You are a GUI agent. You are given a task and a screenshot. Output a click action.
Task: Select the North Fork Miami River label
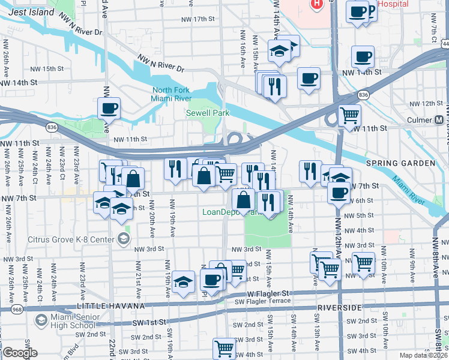pos(171,94)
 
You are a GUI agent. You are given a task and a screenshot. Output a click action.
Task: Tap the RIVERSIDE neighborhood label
pos(340,308)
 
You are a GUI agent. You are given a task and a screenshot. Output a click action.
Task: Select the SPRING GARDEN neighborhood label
pos(400,163)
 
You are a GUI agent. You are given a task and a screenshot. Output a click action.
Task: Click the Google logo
pos(20,353)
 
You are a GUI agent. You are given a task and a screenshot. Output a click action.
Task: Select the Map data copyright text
pos(424,355)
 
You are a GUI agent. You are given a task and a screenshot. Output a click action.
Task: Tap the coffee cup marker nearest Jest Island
pos(109,109)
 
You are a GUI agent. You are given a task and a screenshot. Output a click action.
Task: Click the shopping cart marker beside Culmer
pos(349,114)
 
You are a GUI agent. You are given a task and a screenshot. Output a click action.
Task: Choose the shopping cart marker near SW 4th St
pos(224,347)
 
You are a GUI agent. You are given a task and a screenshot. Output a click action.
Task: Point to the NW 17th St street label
pos(198,19)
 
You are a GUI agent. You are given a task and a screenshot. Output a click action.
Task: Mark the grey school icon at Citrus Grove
pos(123,239)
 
